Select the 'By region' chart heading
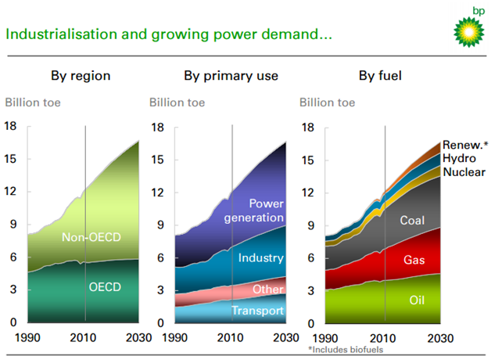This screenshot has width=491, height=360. (x=81, y=76)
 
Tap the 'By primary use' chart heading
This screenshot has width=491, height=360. (x=231, y=76)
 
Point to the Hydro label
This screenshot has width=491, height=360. (x=460, y=158)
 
